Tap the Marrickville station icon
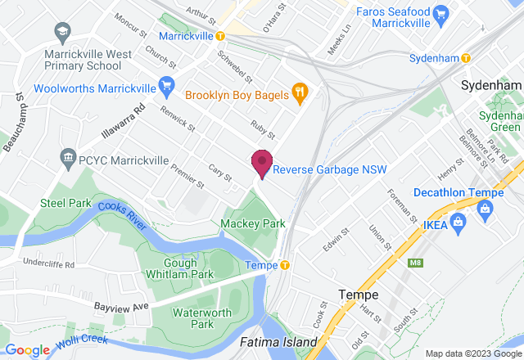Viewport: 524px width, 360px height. pos(220,36)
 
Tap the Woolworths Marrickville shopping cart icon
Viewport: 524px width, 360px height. pos(166,84)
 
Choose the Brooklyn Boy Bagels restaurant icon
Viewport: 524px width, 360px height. pos(299,95)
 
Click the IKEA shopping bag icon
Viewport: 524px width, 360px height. pos(457,222)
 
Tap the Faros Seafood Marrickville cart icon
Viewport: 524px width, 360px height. pos(441,14)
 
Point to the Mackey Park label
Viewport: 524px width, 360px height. pos(254,223)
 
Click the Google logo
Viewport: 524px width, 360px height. pos(28,349)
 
